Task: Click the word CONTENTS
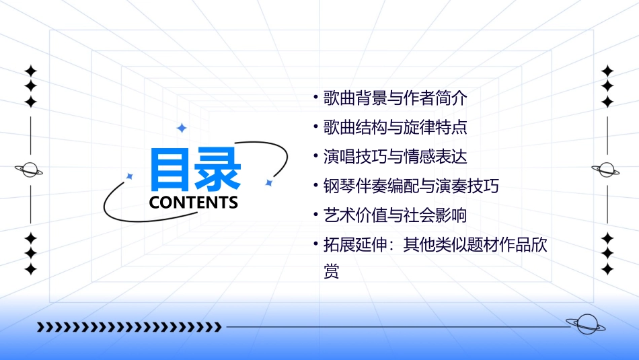click(x=194, y=203)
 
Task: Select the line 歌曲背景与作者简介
click(x=395, y=98)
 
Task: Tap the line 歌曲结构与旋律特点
click(x=395, y=127)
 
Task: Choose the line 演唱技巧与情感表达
click(x=395, y=157)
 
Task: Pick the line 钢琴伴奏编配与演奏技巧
click(x=411, y=186)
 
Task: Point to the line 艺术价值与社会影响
click(x=395, y=215)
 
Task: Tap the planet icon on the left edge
click(x=30, y=170)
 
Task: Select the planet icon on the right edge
click(x=607, y=170)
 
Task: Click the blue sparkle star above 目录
click(x=181, y=128)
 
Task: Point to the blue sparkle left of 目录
click(x=130, y=176)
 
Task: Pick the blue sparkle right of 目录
click(x=268, y=182)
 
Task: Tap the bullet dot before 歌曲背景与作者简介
click(x=316, y=98)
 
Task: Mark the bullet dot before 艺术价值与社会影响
click(x=316, y=215)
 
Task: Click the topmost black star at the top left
click(x=30, y=71)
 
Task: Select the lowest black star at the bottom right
click(x=607, y=269)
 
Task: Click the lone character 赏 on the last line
click(x=331, y=272)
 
